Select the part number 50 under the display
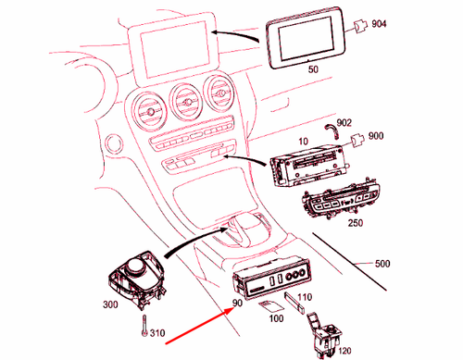point(310,70)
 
